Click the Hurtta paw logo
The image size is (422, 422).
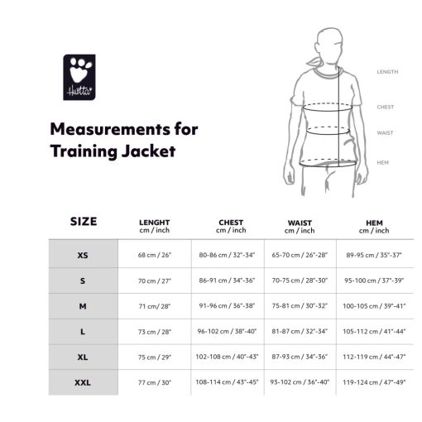79,77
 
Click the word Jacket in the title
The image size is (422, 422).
148,151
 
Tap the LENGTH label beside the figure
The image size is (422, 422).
387,72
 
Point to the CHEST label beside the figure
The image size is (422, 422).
386,107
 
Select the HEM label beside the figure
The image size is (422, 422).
383,163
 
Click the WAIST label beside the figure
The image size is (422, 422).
385,133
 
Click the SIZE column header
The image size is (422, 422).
84,222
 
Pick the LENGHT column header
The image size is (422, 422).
155,223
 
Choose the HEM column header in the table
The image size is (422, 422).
374,223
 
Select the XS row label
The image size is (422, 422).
83,255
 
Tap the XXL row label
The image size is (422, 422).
83,382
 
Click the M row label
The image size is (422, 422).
83,306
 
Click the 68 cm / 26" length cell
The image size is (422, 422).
155,255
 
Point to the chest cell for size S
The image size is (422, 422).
227,281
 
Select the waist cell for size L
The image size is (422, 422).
300,331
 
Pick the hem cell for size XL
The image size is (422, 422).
374,357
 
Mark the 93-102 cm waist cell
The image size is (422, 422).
300,382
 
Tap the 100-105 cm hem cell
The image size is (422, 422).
374,306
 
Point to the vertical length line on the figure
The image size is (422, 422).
338,117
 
